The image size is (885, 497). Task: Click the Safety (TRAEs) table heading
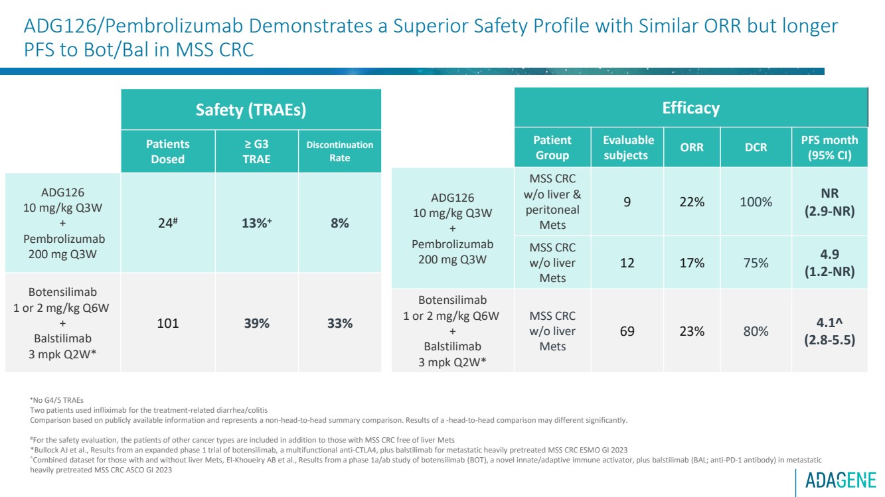coord(251,109)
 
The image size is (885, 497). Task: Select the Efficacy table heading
coord(690,107)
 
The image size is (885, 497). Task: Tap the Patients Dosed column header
coord(168,151)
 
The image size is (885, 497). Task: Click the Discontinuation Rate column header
coord(339,151)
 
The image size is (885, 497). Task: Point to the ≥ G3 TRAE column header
coord(256,151)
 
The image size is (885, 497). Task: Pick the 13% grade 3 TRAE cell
coord(256,224)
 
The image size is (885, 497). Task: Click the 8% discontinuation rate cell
coord(339,224)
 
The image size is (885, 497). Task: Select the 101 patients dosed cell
coord(168,324)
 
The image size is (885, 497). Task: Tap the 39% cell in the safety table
coord(256,324)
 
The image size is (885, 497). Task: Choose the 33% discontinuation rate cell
coord(339,324)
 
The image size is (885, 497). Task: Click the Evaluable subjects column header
coord(628,147)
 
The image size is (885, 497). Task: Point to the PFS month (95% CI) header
coord(829,147)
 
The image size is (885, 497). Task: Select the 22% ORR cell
coord(692,202)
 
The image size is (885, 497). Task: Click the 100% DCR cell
coord(756,202)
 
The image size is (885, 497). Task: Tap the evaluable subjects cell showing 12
coord(627,263)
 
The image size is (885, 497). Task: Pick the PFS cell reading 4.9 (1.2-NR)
coord(829,263)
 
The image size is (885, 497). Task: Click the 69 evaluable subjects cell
coord(627,330)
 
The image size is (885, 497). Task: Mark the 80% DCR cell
coord(756,330)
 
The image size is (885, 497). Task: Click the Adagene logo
coord(840,479)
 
